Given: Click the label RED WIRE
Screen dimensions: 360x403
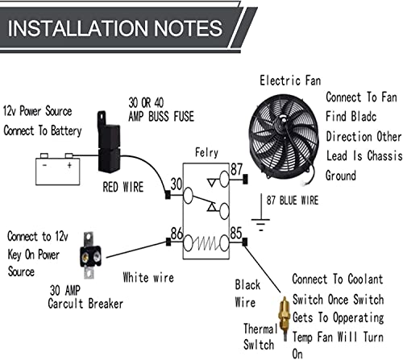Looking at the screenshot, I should click(124, 188).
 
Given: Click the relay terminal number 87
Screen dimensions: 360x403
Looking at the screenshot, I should click(236, 171).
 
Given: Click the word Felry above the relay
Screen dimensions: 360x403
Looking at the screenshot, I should click(208, 152).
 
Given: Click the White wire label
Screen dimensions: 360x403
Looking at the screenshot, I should click(147, 278).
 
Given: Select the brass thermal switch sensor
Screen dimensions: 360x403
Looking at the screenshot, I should click(283, 317).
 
